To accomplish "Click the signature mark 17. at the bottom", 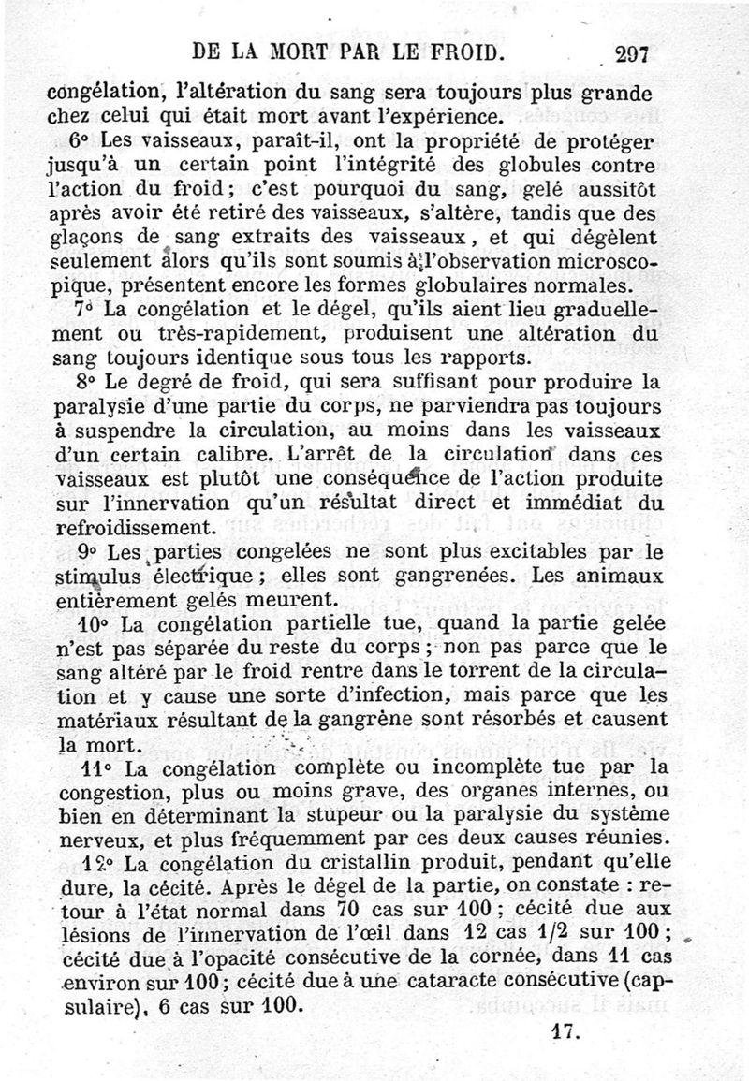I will pos(563,1032).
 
